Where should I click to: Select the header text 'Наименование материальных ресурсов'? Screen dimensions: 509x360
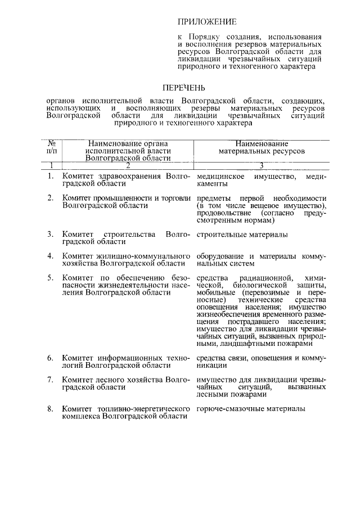262,147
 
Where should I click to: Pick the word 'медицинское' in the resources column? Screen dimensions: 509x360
220,177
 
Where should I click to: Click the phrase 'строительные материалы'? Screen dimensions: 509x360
242,234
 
